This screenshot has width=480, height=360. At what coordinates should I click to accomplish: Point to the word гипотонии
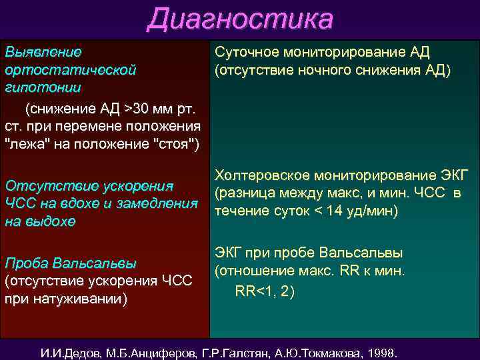(43, 87)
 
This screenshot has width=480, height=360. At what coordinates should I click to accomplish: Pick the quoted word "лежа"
(25, 145)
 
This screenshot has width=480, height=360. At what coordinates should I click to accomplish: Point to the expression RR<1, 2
(265, 291)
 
